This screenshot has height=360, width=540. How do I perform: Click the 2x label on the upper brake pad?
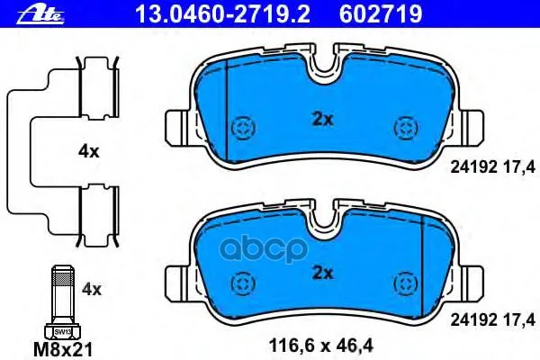click(x=321, y=117)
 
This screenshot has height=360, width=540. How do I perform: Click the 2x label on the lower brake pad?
click(x=321, y=273)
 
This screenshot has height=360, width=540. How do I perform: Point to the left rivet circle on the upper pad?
click(x=241, y=127)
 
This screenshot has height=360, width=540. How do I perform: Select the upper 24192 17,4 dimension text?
click(x=493, y=165)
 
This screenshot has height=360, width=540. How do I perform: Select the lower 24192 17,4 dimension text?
click(x=493, y=319)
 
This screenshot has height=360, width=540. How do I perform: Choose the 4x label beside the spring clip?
click(x=88, y=152)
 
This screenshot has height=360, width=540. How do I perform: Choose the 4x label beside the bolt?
click(x=91, y=290)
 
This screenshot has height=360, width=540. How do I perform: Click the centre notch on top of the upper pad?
click(x=322, y=65)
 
